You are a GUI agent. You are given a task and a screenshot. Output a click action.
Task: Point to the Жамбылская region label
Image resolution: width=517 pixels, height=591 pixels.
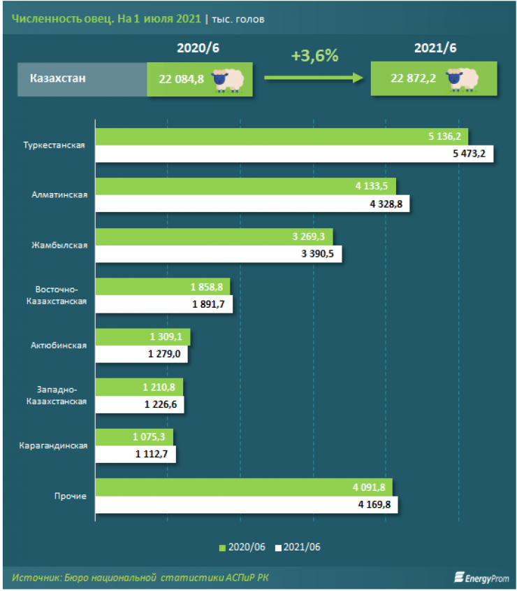pyautogui.click(x=59, y=245)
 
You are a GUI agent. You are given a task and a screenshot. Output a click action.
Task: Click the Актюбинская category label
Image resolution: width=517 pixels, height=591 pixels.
pyautogui.click(x=59, y=346)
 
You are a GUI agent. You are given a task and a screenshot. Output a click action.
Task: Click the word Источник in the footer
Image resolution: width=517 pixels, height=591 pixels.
pyautogui.click(x=36, y=577)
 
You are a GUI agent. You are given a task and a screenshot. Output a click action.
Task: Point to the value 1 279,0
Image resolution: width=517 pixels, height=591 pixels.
pyautogui.click(x=163, y=354)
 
